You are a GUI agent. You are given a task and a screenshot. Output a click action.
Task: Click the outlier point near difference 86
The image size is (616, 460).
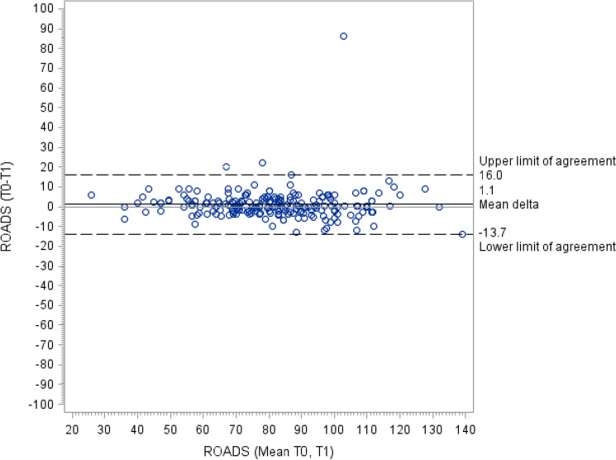click(x=343, y=36)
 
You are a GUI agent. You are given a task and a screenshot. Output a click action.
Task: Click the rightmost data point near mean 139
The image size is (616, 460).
click(x=461, y=234)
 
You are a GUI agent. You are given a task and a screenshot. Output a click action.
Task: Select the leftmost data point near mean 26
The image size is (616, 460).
click(x=91, y=195)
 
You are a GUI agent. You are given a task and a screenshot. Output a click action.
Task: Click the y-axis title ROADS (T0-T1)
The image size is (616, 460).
click(x=10, y=207)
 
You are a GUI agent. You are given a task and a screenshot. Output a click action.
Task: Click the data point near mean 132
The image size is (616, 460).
click(x=439, y=207)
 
